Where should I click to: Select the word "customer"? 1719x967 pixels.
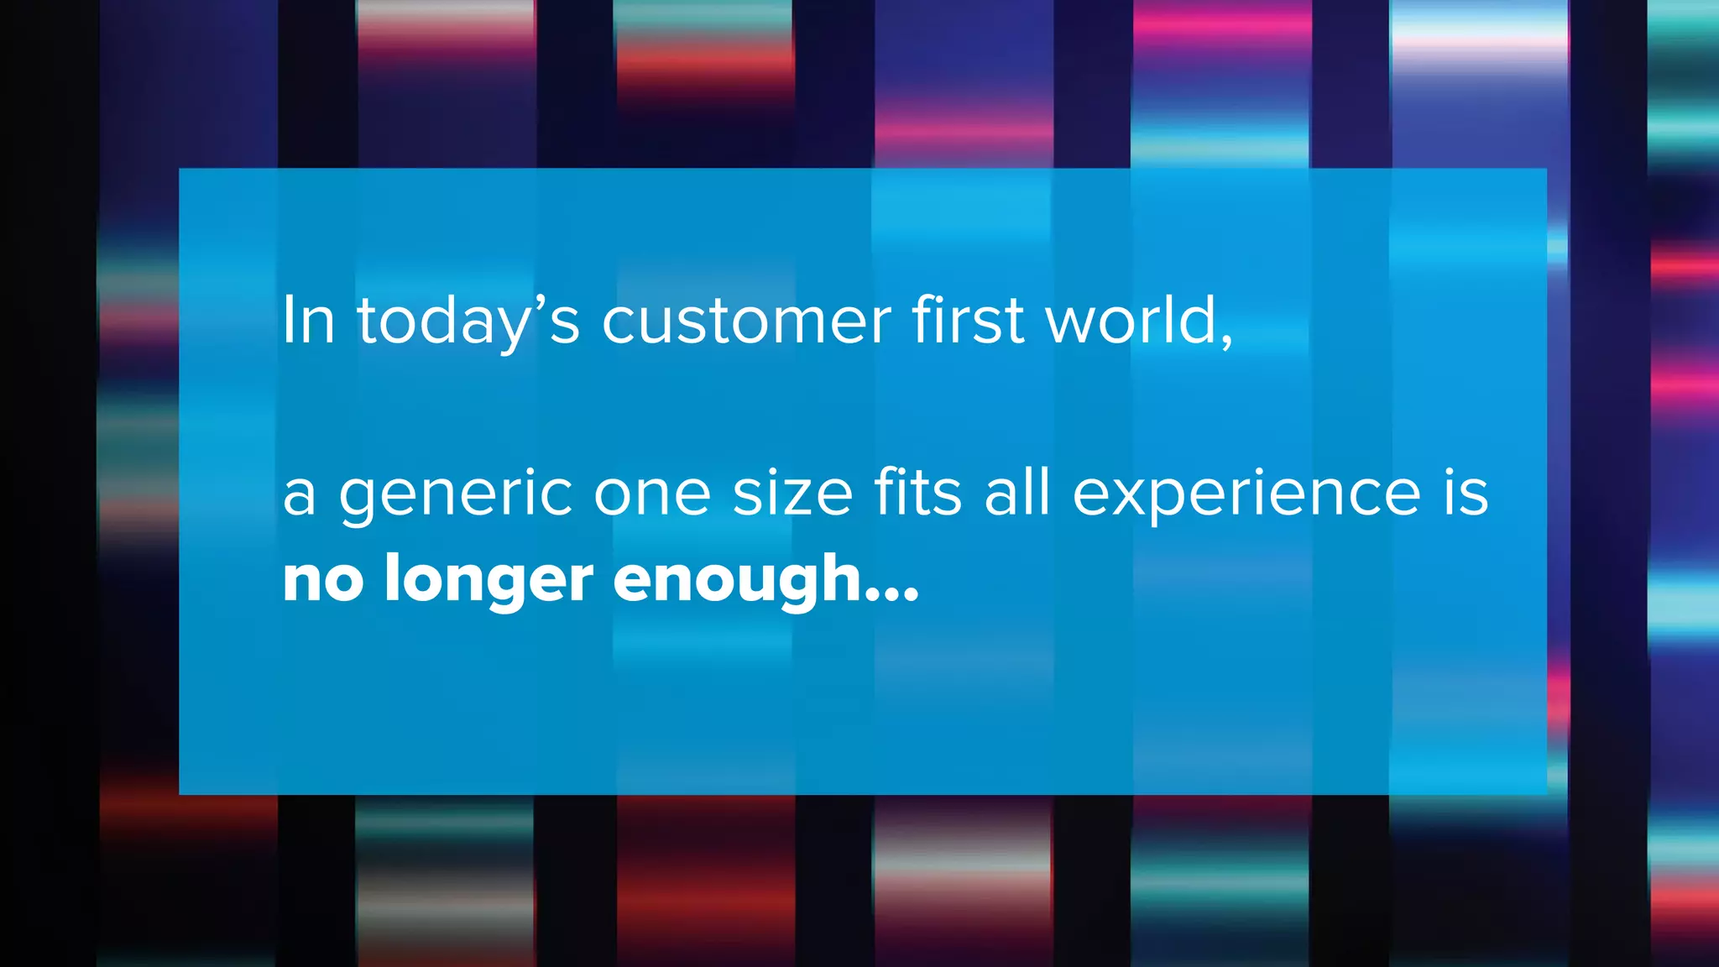pyautogui.click(x=746, y=321)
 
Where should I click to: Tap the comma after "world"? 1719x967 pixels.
pyautogui.click(x=1227, y=339)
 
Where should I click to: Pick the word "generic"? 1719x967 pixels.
pyautogui.click(x=456, y=495)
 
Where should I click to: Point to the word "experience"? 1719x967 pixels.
pyautogui.click(x=1246, y=495)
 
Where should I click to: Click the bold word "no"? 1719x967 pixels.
pyautogui.click(x=323, y=581)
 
